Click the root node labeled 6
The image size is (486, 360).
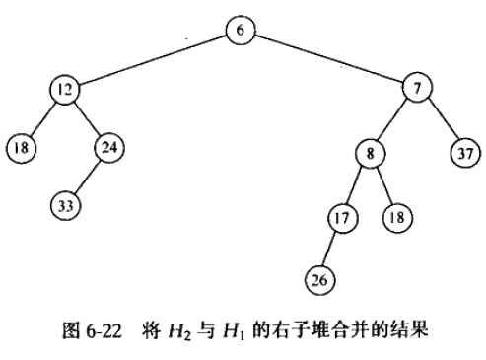click(x=241, y=30)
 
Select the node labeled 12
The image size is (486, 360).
click(x=65, y=90)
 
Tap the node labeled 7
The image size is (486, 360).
click(x=417, y=88)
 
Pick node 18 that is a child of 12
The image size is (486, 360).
click(x=21, y=148)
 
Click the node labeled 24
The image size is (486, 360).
click(x=109, y=148)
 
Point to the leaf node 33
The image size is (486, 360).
click(x=65, y=206)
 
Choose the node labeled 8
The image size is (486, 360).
click(x=370, y=153)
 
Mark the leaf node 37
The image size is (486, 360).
click(x=465, y=153)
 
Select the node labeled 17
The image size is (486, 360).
click(x=342, y=218)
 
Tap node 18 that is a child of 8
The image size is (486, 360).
click(x=397, y=218)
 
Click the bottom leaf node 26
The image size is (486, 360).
click(x=319, y=280)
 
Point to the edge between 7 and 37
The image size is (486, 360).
click(x=443, y=119)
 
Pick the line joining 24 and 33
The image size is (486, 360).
click(x=88, y=177)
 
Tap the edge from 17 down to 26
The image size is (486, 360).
click(x=329, y=249)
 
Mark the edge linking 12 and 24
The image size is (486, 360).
click(x=87, y=118)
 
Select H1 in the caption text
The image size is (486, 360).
click(x=234, y=331)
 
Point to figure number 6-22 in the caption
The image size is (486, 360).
click(x=104, y=330)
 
